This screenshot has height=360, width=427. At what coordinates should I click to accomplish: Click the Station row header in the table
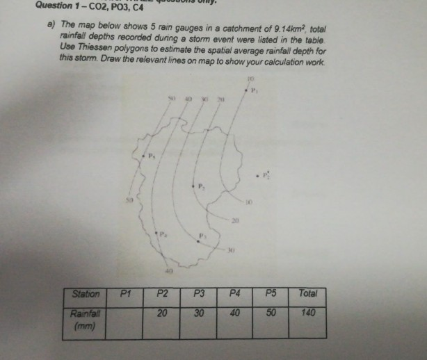[86, 294]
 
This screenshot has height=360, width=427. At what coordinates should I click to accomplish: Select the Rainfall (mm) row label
[83, 318]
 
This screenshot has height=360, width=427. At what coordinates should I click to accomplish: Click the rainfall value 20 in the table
[162, 313]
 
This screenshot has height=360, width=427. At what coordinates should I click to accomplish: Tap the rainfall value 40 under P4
[236, 313]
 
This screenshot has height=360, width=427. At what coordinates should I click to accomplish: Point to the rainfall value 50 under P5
[272, 313]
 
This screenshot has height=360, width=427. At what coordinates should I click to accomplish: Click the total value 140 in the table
[309, 313]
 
